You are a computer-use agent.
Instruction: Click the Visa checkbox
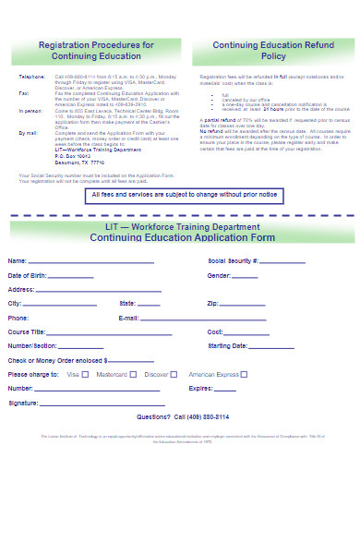(x=86, y=375)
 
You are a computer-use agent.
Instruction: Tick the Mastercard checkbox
(x=133, y=375)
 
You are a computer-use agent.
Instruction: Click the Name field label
(x=18, y=261)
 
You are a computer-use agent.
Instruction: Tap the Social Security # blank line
(x=282, y=262)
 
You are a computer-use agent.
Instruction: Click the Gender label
(x=219, y=275)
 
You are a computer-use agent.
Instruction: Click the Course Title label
(x=27, y=331)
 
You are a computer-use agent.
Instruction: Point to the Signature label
(x=23, y=403)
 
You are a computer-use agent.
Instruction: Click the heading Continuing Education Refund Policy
(x=260, y=50)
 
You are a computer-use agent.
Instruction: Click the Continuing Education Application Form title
(x=182, y=237)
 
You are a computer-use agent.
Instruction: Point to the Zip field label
(x=212, y=303)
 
